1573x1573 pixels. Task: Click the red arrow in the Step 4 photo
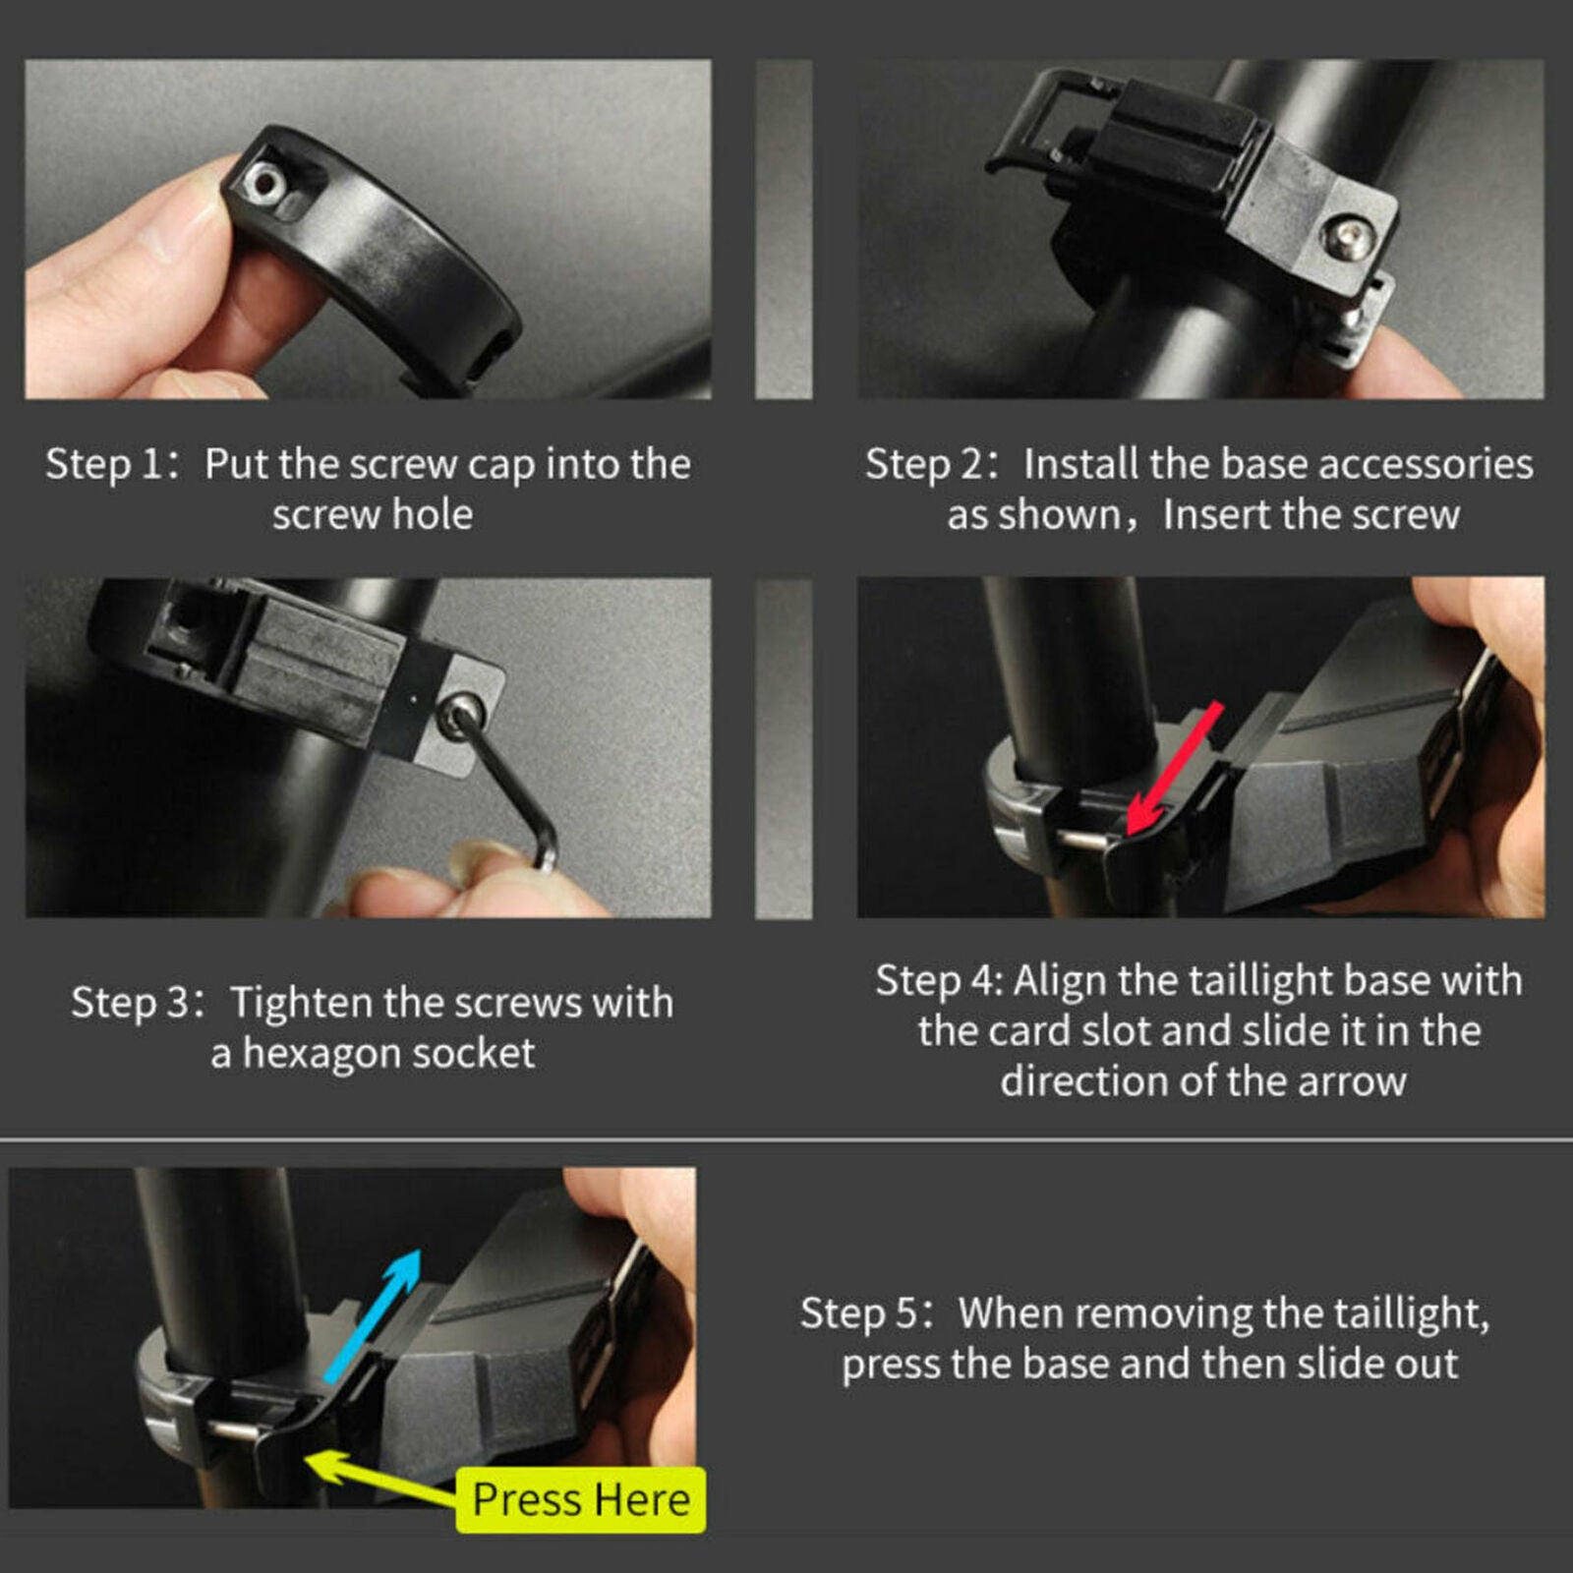click(1176, 767)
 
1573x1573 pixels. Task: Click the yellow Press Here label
click(581, 1500)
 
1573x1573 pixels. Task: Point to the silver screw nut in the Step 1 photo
click(262, 181)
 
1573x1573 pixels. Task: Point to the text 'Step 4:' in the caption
click(939, 981)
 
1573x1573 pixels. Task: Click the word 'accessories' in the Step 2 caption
click(1426, 465)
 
